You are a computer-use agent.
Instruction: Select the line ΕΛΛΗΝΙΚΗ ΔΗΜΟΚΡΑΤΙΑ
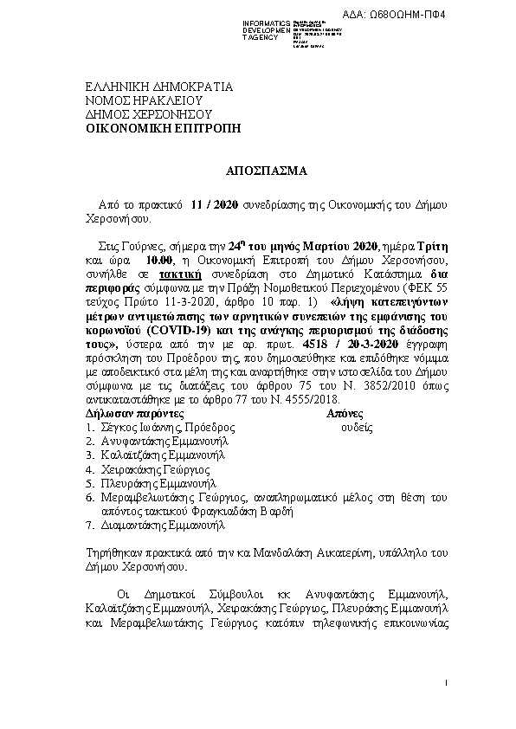(x=160, y=87)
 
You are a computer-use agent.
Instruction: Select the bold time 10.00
(x=161, y=260)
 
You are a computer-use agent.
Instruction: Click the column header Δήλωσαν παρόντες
(x=135, y=414)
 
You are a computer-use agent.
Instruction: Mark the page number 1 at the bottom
(x=445, y=684)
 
